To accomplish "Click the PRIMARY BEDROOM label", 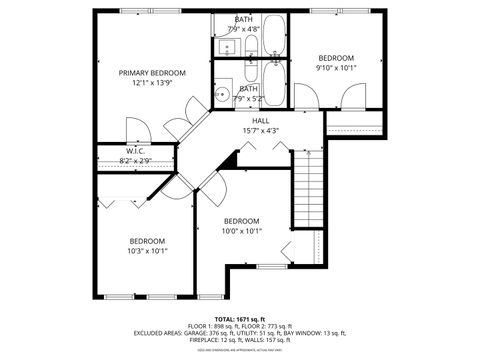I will click(x=152, y=73).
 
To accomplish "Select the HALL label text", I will click(x=260, y=121).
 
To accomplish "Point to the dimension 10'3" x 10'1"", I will click(x=147, y=251).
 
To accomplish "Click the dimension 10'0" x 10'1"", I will click(x=241, y=231).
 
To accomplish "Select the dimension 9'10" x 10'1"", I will click(x=335, y=69).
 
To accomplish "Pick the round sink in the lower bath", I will click(x=221, y=95).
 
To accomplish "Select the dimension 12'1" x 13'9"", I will click(x=152, y=84).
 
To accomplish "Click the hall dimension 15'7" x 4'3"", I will click(x=260, y=131).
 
